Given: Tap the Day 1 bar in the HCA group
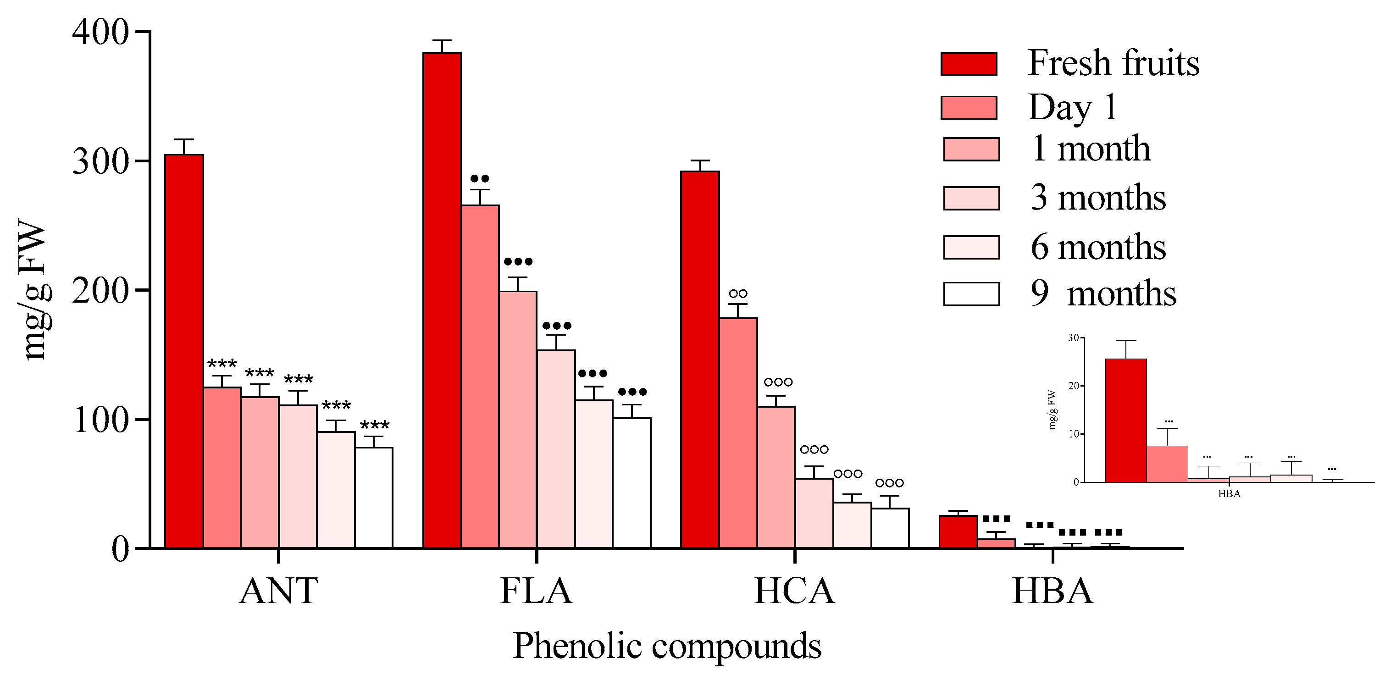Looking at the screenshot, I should tap(738, 432).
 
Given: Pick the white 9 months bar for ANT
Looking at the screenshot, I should tap(374, 497).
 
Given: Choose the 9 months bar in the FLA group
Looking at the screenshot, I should tap(632, 482).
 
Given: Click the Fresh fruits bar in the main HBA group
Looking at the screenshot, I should tap(958, 531).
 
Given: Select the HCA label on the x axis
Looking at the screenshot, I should tap(794, 591).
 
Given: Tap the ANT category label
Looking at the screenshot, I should tap(278, 591).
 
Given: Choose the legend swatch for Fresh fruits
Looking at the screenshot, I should tap(969, 63).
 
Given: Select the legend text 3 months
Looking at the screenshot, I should tap(1098, 197).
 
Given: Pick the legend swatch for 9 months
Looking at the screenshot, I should tap(971, 294).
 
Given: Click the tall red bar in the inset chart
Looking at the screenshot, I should tap(1125, 420).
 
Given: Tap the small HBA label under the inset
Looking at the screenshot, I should tap(1229, 494).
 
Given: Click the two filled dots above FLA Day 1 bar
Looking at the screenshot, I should tap(480, 178).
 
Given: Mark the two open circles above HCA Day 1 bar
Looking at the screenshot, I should tap(738, 294).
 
